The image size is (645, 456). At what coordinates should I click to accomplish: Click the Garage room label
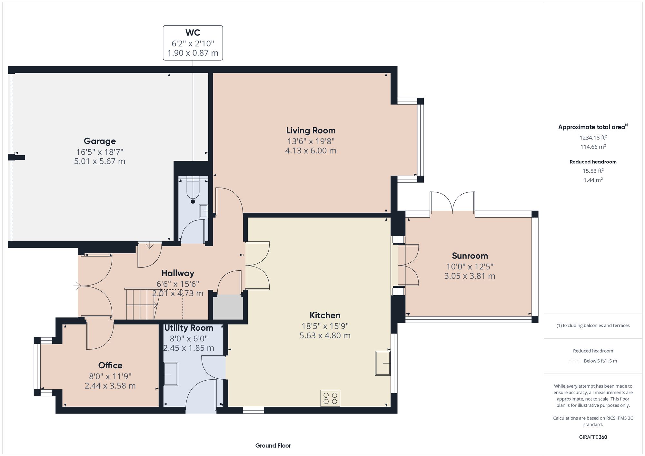[x=100, y=141]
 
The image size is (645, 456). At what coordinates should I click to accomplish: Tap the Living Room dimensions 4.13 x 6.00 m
[x=311, y=150]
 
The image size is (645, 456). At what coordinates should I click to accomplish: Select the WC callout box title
[x=193, y=33]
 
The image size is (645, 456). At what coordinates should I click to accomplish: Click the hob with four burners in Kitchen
[x=330, y=398]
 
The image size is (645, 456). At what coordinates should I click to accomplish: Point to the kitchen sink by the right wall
[x=383, y=363]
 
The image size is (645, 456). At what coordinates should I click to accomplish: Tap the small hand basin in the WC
[x=203, y=211]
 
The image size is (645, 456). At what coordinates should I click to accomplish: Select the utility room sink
[x=171, y=374]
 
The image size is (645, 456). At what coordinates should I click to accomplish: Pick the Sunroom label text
[x=470, y=256]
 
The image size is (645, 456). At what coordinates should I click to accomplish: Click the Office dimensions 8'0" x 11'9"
[x=110, y=376]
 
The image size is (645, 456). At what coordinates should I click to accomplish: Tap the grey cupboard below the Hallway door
[x=228, y=307]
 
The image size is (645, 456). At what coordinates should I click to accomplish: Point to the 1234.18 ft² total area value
[x=593, y=138]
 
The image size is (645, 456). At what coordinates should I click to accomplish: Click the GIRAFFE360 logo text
[x=593, y=437]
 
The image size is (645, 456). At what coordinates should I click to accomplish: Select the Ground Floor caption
[x=273, y=445]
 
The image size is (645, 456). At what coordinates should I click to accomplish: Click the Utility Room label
[x=189, y=328]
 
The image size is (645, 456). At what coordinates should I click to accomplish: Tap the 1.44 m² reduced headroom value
[x=593, y=180]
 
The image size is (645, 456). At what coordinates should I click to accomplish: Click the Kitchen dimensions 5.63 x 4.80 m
[x=325, y=335]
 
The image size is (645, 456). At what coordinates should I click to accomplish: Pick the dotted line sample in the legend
[x=575, y=361]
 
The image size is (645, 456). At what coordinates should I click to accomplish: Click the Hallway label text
[x=178, y=273]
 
